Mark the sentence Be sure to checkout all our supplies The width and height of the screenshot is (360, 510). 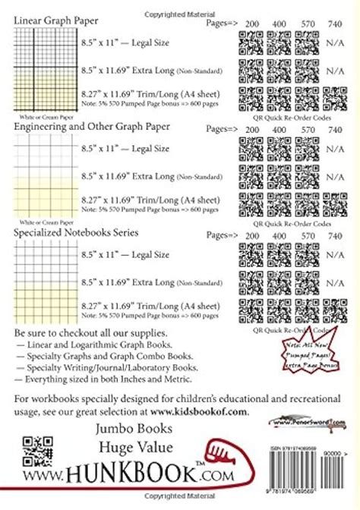[87, 334]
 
